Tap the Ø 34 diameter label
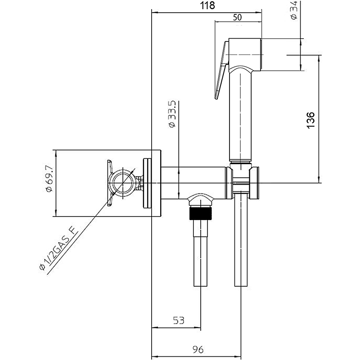pyautogui.click(x=294, y=10)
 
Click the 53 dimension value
pyautogui.click(x=178, y=320)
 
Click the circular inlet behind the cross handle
pyautogui.click(x=123, y=184)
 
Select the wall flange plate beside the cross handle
pyautogui.click(x=148, y=183)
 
